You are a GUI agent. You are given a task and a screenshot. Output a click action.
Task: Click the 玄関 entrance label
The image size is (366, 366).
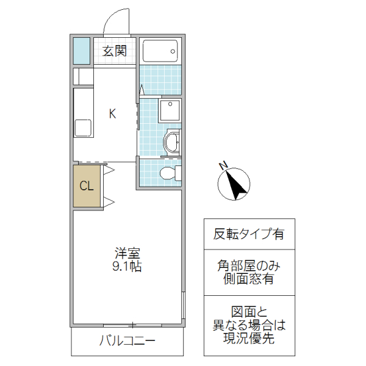tap(114, 51)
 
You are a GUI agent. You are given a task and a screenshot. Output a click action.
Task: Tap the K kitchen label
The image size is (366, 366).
tap(112, 113)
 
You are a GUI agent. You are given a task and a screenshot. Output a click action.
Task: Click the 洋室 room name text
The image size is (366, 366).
tap(127, 253)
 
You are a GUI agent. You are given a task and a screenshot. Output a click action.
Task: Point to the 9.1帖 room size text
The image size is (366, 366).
tap(127, 267)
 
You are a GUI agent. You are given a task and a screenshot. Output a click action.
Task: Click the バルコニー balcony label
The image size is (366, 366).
tap(127, 341)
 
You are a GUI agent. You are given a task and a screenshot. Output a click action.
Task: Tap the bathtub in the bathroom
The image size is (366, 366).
tap(160, 51)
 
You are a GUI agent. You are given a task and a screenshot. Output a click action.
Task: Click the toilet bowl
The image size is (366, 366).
tap(169, 174)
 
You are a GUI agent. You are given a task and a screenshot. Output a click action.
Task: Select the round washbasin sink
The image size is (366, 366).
tap(171, 143)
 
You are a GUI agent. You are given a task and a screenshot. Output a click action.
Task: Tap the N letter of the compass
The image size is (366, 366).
tap(223, 166)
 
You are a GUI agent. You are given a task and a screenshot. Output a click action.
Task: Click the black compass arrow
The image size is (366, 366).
tap(237, 185)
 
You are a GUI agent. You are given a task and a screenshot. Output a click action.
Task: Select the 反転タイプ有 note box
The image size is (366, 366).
tap(248, 234)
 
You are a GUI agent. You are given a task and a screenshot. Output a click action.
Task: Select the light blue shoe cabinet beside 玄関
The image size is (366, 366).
tap(81, 51)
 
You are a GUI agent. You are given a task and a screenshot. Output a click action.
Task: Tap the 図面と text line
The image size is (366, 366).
tap(248, 311)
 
